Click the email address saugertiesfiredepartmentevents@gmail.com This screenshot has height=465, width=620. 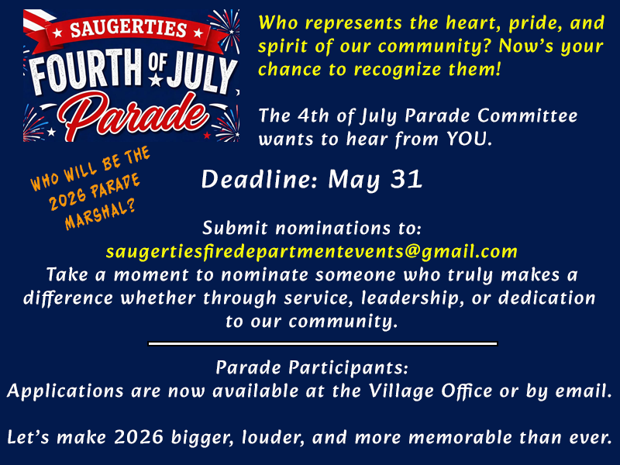point(312,251)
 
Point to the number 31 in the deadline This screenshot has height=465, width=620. point(406,180)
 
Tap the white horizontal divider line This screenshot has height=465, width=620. point(322,343)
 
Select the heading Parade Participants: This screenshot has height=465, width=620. point(312,367)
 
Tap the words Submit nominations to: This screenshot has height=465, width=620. point(312,229)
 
